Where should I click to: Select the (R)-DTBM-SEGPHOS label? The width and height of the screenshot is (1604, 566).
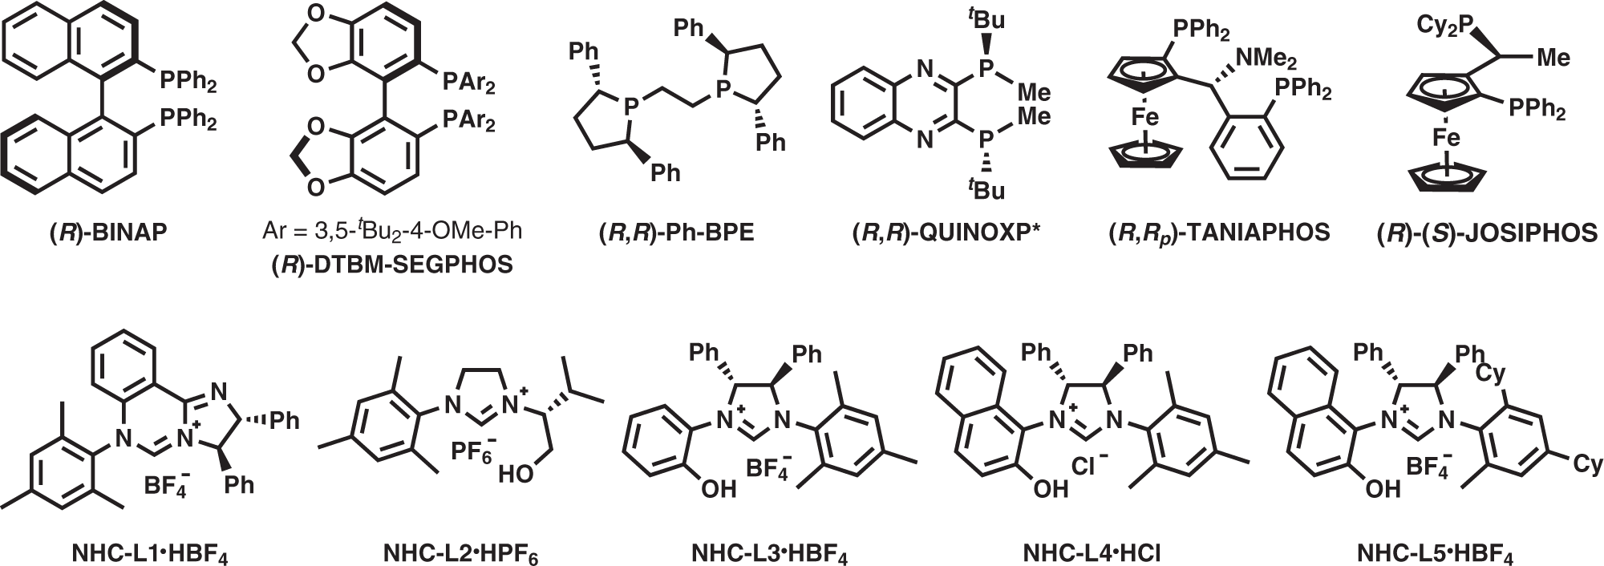click(x=392, y=265)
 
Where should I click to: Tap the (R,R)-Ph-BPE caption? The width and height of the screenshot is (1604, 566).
click(x=676, y=233)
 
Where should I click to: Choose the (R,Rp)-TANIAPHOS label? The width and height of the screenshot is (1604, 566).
click(x=1217, y=232)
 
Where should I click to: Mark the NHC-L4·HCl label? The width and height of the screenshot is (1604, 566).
click(x=1092, y=552)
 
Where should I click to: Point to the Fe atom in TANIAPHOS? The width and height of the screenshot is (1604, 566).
click(x=1145, y=118)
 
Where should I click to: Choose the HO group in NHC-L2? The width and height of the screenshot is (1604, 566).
click(x=515, y=475)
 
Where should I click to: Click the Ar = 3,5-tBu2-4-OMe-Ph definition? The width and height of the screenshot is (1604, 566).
click(x=392, y=232)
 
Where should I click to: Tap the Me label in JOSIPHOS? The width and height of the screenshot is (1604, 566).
click(x=1551, y=58)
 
